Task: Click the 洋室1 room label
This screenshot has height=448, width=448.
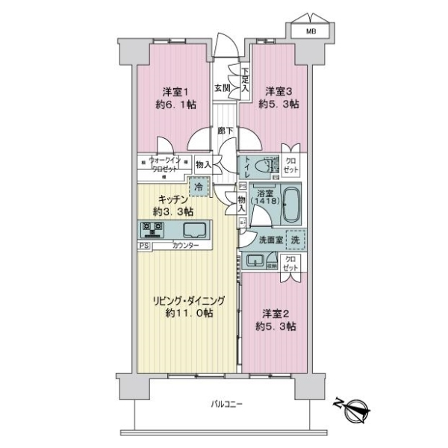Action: tap(178, 93)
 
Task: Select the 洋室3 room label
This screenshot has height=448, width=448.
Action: tap(280, 93)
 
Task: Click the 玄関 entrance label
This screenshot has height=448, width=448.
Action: tap(222, 87)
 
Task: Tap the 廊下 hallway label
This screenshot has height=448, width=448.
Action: tap(225, 131)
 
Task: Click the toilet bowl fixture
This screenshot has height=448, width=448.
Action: tap(258, 166)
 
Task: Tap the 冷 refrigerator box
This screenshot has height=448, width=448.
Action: tap(198, 187)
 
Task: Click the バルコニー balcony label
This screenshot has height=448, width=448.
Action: tap(227, 404)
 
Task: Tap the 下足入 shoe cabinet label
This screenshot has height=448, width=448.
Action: tap(246, 81)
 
